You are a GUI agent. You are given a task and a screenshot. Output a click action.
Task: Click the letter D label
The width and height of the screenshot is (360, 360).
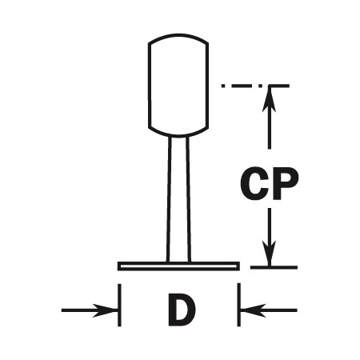point(182,310)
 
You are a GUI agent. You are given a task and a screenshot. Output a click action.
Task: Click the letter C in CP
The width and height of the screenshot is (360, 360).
point(254,183)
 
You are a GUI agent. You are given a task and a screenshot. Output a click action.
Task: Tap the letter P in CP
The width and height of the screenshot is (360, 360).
point(285,183)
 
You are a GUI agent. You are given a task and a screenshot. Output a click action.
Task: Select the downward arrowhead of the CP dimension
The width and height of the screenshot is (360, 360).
point(270,253)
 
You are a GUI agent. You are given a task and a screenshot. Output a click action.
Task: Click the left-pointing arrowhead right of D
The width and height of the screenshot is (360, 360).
point(254,310)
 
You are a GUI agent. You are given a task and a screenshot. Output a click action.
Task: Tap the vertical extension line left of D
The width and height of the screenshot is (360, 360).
point(119,305)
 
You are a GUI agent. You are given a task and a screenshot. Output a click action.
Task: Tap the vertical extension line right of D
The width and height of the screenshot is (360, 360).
point(239,305)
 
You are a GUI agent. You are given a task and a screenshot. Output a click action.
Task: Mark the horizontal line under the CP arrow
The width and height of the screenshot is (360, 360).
point(274,267)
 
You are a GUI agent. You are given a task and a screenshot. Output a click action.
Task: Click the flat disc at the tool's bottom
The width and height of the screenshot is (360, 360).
point(178,266)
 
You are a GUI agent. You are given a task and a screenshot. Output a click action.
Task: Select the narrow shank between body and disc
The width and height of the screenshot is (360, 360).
point(178,199)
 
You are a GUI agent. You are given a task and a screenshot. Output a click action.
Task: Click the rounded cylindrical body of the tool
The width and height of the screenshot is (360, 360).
point(178,85)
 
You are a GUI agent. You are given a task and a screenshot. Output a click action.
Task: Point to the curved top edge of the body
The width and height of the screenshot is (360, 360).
point(178,35)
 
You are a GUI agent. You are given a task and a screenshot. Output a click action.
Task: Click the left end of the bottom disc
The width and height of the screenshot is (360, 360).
point(119,266)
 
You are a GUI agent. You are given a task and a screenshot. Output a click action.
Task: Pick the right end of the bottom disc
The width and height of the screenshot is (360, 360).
point(238,266)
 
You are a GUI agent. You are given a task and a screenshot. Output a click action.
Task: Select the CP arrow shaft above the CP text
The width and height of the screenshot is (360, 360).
point(270,118)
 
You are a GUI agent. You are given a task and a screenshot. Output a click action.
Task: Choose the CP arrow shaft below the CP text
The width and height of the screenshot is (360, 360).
point(270,237)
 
